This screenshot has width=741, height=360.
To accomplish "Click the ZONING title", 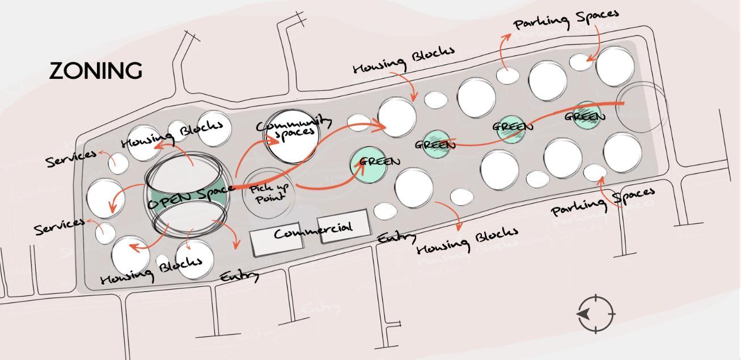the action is click(96, 71).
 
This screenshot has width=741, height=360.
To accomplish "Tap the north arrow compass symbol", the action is click(596, 314).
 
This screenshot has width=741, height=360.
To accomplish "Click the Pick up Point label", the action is click(269, 193).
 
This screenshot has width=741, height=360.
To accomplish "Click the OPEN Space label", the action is click(191, 196).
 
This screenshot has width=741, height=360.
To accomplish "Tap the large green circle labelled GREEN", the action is click(373, 163).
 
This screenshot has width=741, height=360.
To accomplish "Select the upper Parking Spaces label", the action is click(565, 19).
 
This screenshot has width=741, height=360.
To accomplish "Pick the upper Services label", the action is click(71, 159).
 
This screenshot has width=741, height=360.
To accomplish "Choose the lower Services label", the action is click(60, 226).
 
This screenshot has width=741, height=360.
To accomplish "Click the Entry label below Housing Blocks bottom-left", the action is click(240, 276).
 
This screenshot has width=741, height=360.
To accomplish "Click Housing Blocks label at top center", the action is click(404, 60).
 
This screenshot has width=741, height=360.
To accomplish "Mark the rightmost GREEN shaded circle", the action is click(586, 116).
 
